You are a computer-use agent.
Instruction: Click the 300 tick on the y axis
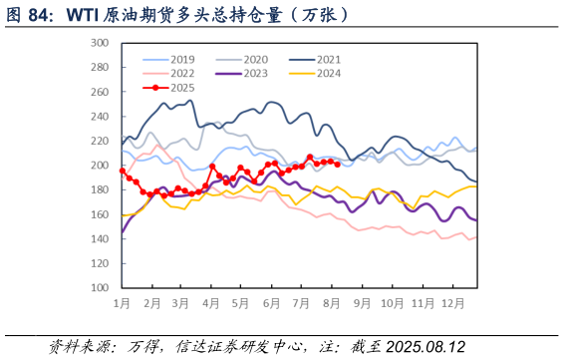pyautogui.click(x=100, y=43)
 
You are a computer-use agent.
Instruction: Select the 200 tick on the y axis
pyautogui.click(x=100, y=166)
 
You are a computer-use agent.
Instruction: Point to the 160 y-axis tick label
pyautogui.click(x=100, y=214)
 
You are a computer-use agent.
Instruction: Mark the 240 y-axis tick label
pyautogui.click(x=100, y=117)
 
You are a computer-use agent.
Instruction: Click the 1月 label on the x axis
pyautogui.click(x=123, y=302)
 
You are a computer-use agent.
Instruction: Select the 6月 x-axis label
pyautogui.click(x=271, y=302)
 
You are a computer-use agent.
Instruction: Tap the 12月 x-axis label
pyautogui.click(x=451, y=302)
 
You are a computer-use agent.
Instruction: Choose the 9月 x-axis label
pyautogui.click(x=361, y=302)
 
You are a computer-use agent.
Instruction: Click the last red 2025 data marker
pyautogui.click(x=337, y=164)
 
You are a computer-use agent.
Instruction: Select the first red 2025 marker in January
pyautogui.click(x=123, y=171)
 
